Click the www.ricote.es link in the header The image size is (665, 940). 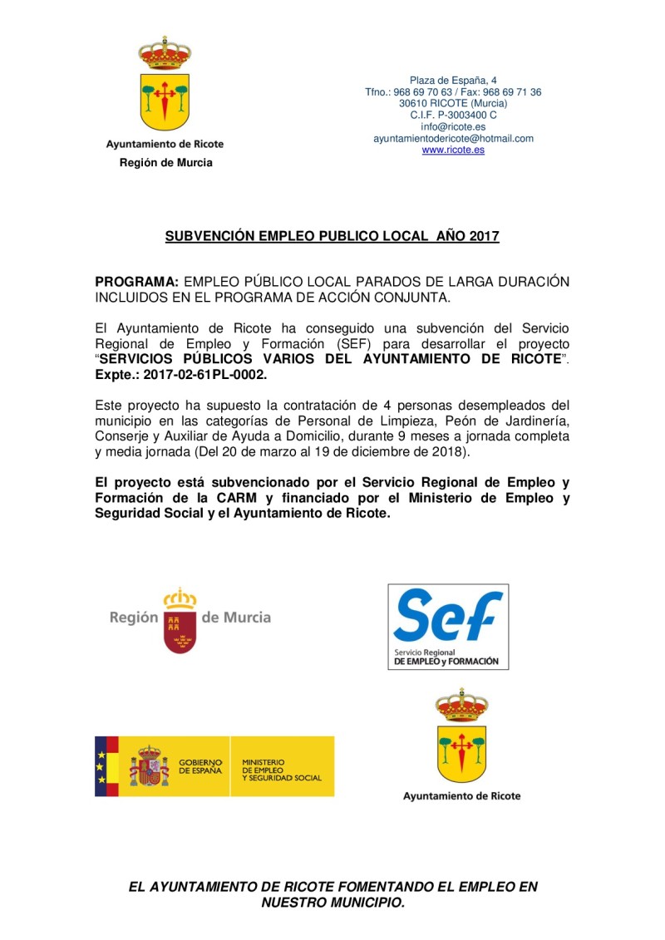pyautogui.click(x=453, y=150)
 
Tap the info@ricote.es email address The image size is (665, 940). pyautogui.click(x=453, y=127)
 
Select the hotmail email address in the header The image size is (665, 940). pyautogui.click(x=453, y=139)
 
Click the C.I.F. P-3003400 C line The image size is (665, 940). pyautogui.click(x=453, y=116)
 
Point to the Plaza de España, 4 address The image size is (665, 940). pyautogui.click(x=453, y=81)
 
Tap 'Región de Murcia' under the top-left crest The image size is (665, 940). pyautogui.click(x=165, y=163)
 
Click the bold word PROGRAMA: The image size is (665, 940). pyautogui.click(x=136, y=283)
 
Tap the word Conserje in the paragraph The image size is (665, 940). pyautogui.click(x=123, y=436)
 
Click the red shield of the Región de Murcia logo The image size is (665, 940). pyautogui.click(x=180, y=632)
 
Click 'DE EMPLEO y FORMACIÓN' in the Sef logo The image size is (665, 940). pyautogui.click(x=446, y=662)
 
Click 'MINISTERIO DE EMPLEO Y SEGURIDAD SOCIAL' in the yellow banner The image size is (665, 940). pyautogui.click(x=281, y=770)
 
